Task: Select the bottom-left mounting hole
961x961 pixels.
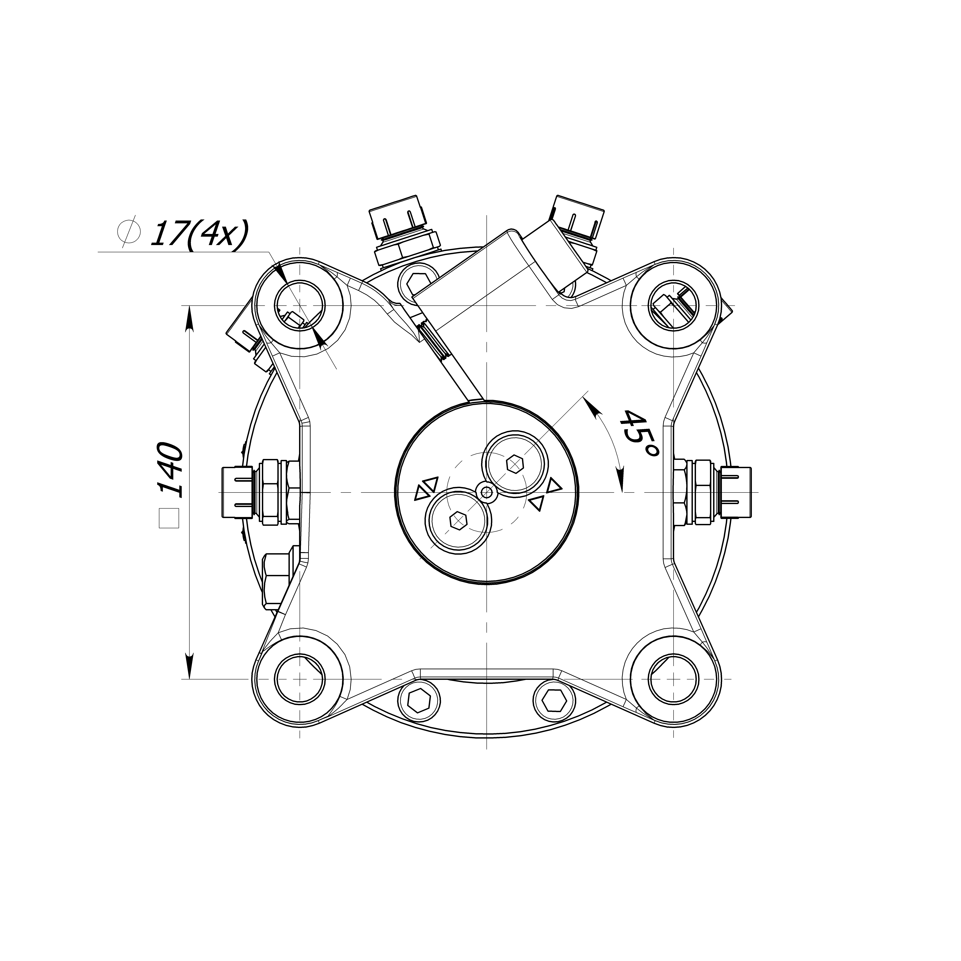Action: pos(300,679)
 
